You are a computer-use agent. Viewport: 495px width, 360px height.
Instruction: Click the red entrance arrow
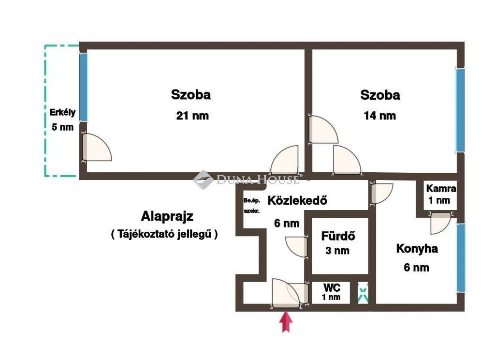[x=286, y=322]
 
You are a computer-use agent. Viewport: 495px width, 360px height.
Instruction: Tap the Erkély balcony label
[x=62, y=113]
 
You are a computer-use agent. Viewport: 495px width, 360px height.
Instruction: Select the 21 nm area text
[x=192, y=116]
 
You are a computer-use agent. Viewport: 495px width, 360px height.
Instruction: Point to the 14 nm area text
[x=380, y=116]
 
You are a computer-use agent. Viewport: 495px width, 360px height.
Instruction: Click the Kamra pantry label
[x=441, y=189]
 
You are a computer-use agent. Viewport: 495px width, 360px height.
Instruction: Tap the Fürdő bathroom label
[x=338, y=236]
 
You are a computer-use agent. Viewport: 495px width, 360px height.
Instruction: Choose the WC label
[x=332, y=287]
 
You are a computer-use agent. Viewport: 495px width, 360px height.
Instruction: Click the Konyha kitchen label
[x=417, y=248]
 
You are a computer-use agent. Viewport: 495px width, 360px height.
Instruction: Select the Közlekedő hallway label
[x=297, y=200]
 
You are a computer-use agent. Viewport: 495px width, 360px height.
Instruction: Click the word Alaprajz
[x=167, y=216]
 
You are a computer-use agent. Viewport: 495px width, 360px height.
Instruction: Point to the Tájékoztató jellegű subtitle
[x=164, y=234]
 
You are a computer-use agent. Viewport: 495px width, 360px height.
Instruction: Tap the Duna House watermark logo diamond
[x=203, y=180]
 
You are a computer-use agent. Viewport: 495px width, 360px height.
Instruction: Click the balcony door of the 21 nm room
[x=97, y=147]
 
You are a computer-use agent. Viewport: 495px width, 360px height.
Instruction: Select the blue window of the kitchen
[x=461, y=257]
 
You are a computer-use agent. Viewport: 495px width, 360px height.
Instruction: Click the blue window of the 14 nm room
[x=460, y=110]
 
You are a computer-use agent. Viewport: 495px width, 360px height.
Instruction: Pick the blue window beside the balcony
[x=83, y=87]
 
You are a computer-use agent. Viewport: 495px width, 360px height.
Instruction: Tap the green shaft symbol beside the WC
[x=363, y=293]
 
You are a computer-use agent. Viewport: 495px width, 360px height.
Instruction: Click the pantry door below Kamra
[x=440, y=223]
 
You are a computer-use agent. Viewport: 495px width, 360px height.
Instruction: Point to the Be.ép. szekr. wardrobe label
[x=251, y=206]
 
